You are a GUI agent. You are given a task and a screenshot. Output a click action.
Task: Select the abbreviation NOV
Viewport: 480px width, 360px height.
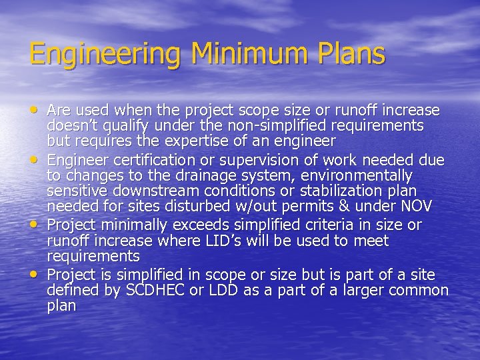416,206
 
